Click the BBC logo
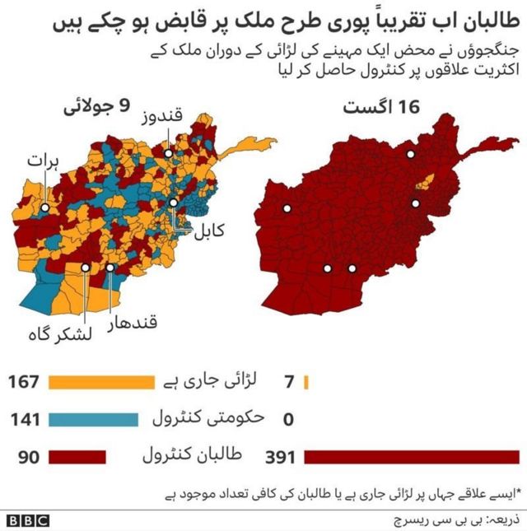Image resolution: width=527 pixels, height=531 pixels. [x=27, y=520]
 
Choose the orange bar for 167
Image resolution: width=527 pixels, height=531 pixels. [x=101, y=382]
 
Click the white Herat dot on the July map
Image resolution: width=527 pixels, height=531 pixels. [x=44, y=208]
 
